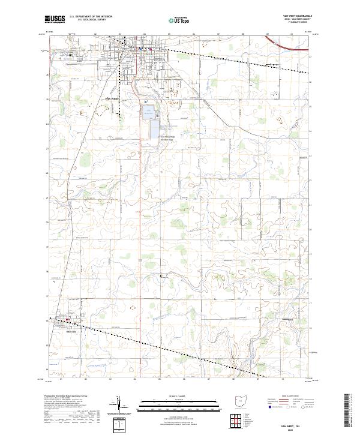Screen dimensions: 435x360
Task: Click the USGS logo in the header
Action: coord(55,19)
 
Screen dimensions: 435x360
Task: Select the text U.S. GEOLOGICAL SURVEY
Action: coord(88,20)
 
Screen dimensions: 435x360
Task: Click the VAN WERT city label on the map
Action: coord(112,98)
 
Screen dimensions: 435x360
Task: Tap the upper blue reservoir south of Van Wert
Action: coord(148,112)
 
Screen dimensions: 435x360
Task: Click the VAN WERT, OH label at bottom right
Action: coord(298,424)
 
